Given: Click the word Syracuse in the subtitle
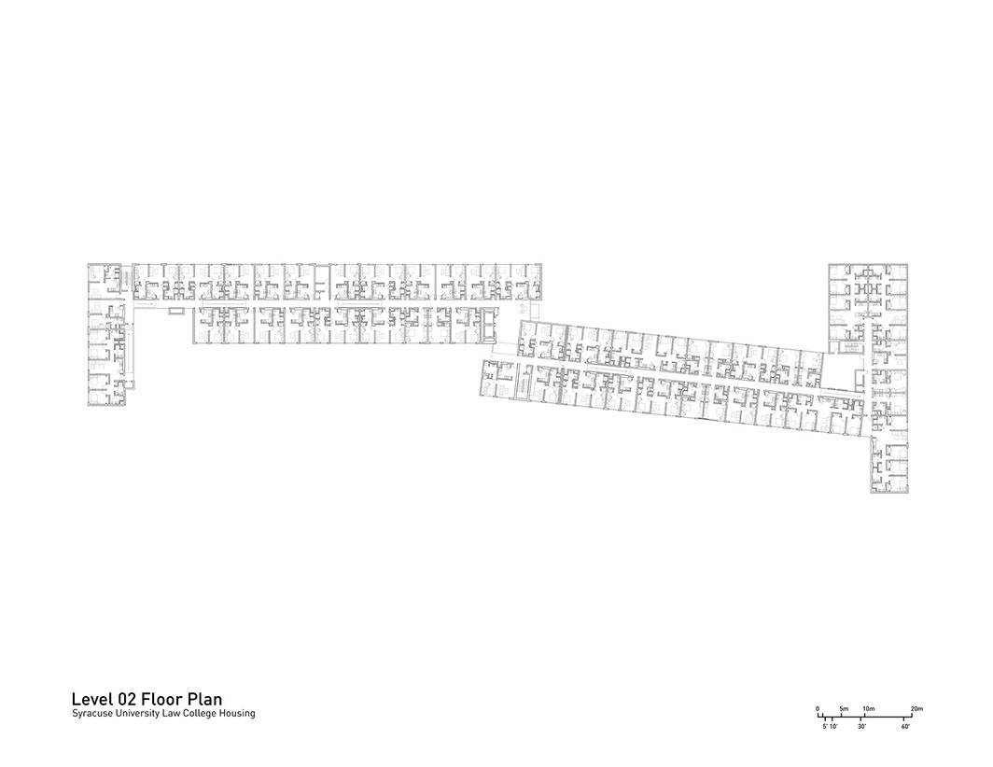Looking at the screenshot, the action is coord(91,714).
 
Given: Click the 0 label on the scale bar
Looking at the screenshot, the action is coord(818,709).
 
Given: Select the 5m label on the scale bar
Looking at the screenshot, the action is coord(844,709).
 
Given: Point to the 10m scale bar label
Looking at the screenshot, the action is coord(868,709).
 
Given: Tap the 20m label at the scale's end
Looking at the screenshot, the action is coord(916,709).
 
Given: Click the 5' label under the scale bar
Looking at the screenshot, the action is coord(825,726).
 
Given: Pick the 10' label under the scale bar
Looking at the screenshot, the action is coord(834,726).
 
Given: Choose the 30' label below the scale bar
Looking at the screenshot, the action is coord(861,726).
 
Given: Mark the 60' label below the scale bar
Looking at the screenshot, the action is coord(905,726).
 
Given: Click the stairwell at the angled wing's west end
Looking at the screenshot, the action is coord(524,381).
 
